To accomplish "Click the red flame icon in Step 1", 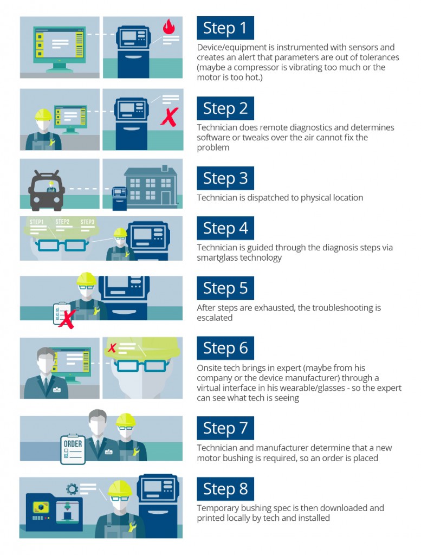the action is click(x=169, y=26).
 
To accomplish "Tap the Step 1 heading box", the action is click(x=225, y=28).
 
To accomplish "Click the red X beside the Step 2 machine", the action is click(x=170, y=117).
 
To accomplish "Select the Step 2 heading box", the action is click(x=225, y=108).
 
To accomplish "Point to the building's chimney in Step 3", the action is click(x=165, y=168).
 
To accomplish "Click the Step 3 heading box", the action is click(x=225, y=178).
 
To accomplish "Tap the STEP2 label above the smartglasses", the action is click(x=62, y=222).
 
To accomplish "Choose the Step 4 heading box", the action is click(x=225, y=228).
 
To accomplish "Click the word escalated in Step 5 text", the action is click(x=215, y=318).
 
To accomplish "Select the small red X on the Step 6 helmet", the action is click(x=112, y=348).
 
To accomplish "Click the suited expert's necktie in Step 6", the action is click(x=46, y=383).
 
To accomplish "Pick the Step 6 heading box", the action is click(x=225, y=348).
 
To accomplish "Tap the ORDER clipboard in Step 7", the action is click(x=73, y=449).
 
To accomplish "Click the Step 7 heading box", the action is click(x=225, y=428).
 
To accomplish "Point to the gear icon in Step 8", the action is click(x=72, y=489).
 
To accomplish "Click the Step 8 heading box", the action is click(x=225, y=489).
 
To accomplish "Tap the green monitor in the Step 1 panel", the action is click(x=60, y=48).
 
